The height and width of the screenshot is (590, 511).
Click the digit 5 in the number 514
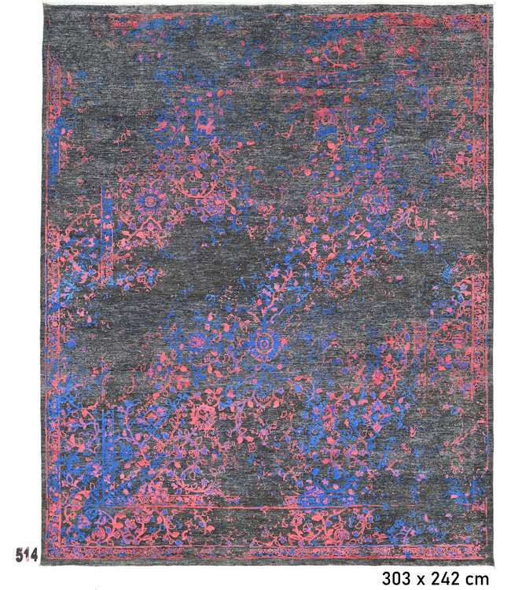[19, 554]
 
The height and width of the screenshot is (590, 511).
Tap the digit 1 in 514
[27, 554]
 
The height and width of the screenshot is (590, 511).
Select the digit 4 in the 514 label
[34, 554]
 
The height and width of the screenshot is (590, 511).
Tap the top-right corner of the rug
[493, 6]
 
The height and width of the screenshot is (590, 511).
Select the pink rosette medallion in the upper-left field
[150, 201]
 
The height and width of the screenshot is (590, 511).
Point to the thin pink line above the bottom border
[314, 507]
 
